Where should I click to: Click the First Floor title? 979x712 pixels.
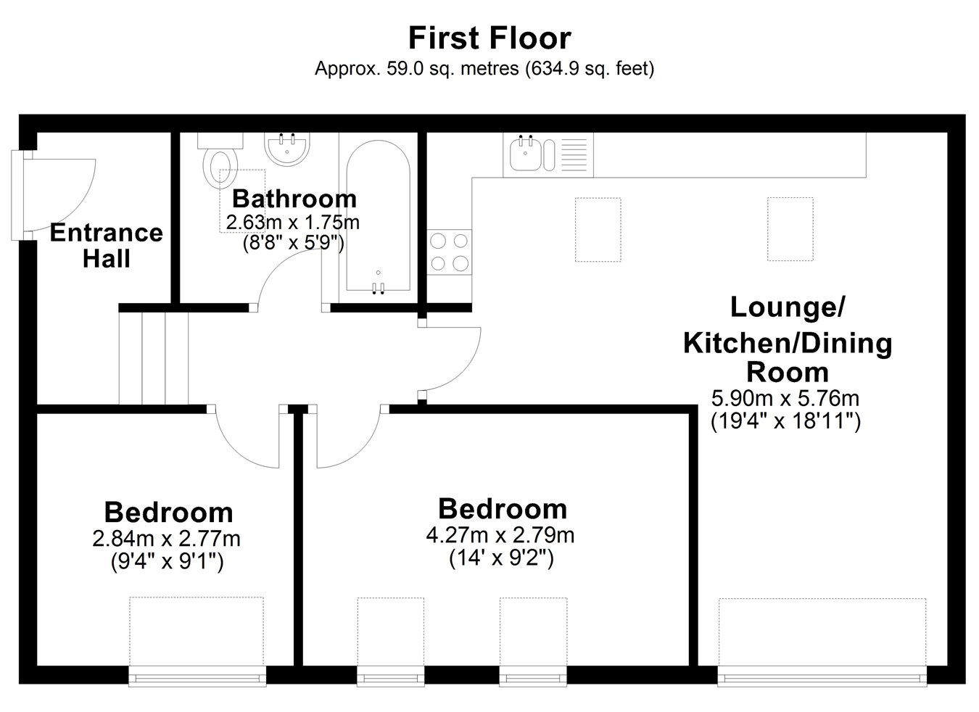tap(489, 38)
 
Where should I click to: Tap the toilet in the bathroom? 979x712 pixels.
tap(220, 161)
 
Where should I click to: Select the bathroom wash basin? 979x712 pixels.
tap(286, 149)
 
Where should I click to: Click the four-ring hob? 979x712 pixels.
tap(450, 252)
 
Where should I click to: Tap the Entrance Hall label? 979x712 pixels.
tap(106, 245)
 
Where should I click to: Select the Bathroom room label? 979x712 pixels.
tap(294, 199)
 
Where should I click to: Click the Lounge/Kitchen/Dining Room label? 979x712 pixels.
tap(788, 339)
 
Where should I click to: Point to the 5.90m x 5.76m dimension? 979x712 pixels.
tap(785, 398)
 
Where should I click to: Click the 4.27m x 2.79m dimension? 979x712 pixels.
tap(500, 535)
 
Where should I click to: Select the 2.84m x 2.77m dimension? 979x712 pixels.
tap(166, 539)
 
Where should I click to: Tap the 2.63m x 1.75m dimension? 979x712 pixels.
tap(292, 223)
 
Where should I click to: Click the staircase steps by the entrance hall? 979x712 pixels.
tap(154, 358)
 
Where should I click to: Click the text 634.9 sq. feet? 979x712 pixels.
tap(590, 69)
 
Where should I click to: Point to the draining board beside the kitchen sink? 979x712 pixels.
tap(574, 154)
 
